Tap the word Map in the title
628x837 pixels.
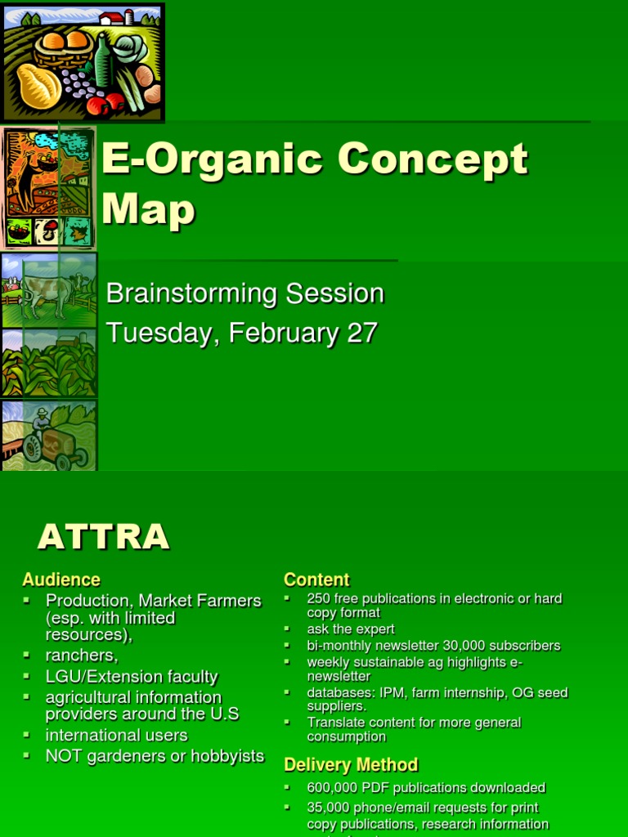point(148,209)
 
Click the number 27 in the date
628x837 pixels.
point(361,333)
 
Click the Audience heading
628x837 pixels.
point(61,580)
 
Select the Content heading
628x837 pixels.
point(316,580)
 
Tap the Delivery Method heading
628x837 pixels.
point(351,765)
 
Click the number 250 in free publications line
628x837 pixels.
point(319,598)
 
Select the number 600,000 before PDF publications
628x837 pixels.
point(334,788)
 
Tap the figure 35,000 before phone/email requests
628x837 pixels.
point(330,808)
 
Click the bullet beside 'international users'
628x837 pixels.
point(27,734)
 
